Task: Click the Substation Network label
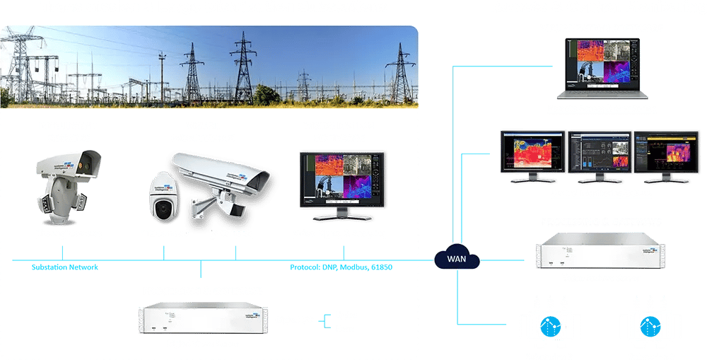pos(64,267)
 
